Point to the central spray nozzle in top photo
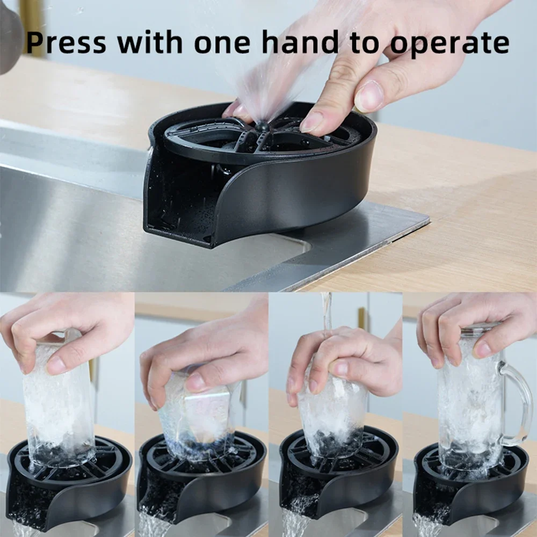click(x=263, y=127)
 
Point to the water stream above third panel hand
click(x=326, y=311)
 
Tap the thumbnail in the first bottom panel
click(x=56, y=365)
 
